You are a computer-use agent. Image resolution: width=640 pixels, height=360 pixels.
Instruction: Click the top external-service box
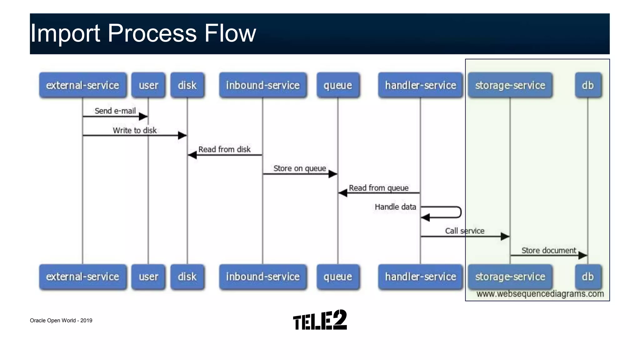pos(83,85)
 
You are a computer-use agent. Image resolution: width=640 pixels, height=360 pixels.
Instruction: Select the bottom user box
pos(148,277)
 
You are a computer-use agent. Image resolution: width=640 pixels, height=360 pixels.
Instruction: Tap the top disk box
pos(187,85)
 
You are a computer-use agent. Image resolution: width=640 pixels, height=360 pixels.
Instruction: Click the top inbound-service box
pos(263,85)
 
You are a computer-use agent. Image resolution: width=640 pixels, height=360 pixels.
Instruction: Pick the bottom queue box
pos(338,277)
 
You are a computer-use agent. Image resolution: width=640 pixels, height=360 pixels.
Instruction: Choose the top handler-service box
pos(420,85)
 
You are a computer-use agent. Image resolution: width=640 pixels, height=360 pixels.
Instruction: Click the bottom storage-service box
pos(510,277)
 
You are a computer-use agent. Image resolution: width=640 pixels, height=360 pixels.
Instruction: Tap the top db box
pos(588,85)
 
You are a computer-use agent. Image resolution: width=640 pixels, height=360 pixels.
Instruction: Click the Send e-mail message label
pos(115,111)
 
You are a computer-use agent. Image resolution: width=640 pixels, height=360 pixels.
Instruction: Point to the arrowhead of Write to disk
pos(183,135)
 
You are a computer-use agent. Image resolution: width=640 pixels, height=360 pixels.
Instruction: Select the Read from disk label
pos(224,149)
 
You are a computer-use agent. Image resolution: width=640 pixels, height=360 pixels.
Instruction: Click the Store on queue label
pos(300,168)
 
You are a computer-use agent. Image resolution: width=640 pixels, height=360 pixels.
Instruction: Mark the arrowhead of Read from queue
pos(342,193)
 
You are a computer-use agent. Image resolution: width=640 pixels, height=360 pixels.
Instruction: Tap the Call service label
pos(465,231)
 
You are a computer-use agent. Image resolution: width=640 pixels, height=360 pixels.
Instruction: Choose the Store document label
pos(548,250)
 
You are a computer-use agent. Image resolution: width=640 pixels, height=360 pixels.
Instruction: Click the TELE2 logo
pos(320,320)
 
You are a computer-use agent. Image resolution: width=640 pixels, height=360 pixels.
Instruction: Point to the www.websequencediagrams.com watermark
pos(540,294)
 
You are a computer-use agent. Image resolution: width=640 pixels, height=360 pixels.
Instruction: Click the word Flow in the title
pos(230,33)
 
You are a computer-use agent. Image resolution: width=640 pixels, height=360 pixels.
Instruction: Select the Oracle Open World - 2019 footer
pos(61,320)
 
